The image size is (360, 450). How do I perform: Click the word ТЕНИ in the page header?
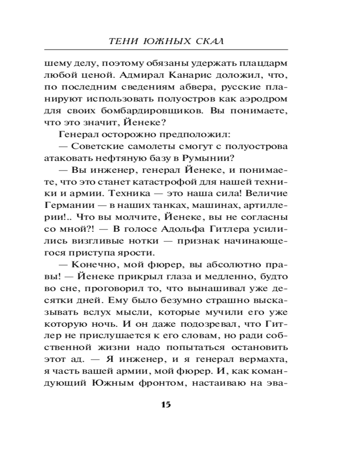[x=121, y=41]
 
